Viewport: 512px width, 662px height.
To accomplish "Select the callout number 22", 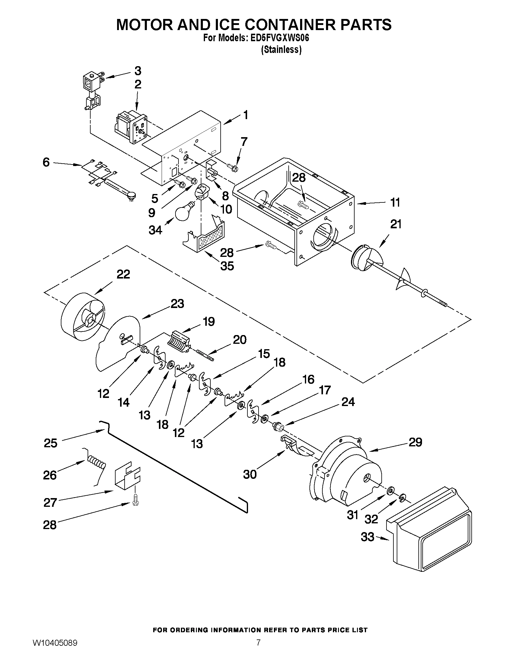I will (123, 274).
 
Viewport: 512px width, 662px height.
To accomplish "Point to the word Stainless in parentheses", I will (281, 49).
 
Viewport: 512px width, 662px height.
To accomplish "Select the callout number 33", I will (367, 537).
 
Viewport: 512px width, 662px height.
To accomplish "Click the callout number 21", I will (396, 224).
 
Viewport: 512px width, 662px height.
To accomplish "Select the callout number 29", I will (415, 442).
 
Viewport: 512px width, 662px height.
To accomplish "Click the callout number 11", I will (395, 202).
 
